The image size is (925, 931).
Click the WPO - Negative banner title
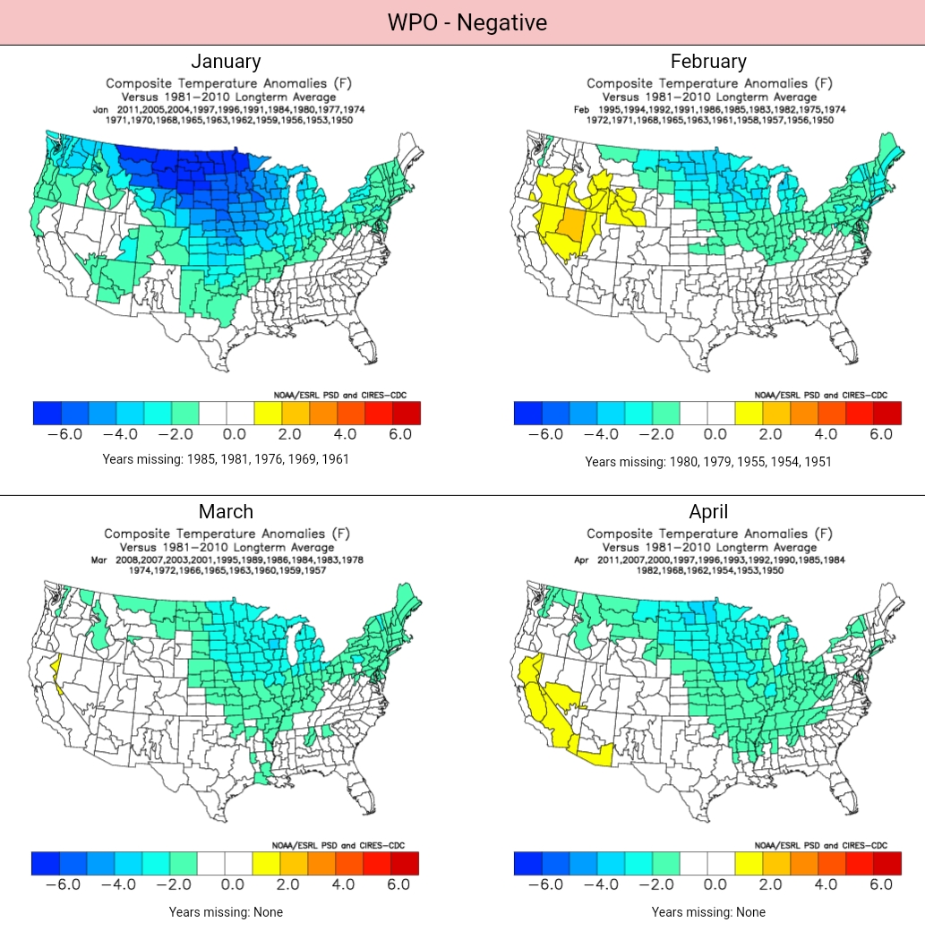point(467,22)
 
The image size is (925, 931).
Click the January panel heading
point(226,61)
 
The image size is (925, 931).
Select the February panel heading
point(708,61)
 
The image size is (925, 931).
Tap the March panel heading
point(226,511)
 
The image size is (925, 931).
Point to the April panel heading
point(708,511)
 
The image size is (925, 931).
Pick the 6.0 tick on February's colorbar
point(881,434)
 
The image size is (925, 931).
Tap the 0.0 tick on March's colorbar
point(232,884)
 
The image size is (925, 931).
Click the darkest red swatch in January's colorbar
point(407,413)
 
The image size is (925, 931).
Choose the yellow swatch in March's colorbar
point(267,863)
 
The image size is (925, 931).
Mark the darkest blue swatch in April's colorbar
point(528,863)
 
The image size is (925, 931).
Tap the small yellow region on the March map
point(58,671)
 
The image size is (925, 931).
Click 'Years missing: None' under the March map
point(226,912)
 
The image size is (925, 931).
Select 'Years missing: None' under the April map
point(708,912)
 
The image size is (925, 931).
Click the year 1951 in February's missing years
point(816,462)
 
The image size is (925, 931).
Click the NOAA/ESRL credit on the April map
point(820,845)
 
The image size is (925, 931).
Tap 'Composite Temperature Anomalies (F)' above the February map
point(709,84)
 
